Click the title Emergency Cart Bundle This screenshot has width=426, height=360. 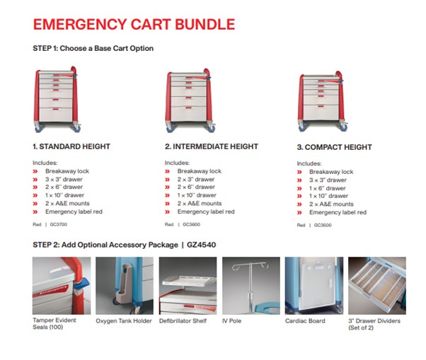pyautogui.click(x=134, y=24)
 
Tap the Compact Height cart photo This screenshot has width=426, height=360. pyautogui.click(x=321, y=99)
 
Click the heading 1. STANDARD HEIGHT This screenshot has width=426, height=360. pyautogui.click(x=71, y=146)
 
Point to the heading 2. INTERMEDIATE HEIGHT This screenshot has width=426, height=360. pyautogui.click(x=212, y=146)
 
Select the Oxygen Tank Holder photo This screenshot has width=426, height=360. pyautogui.click(x=124, y=285)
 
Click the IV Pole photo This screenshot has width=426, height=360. pyautogui.click(x=251, y=285)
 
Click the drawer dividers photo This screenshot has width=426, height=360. pyautogui.click(x=377, y=285)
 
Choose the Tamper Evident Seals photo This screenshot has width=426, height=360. pyautogui.click(x=61, y=285)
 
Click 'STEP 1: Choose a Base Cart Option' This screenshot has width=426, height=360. pyautogui.click(x=93, y=48)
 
